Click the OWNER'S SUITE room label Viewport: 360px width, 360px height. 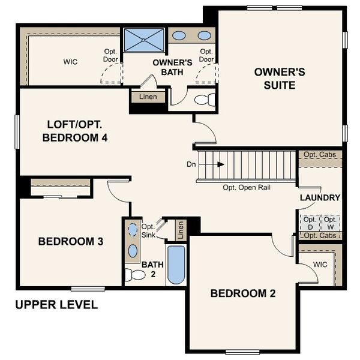pyautogui.click(x=280, y=79)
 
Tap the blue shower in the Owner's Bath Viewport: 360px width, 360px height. pyautogui.click(x=144, y=40)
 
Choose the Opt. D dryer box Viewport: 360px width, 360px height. pyautogui.click(x=310, y=223)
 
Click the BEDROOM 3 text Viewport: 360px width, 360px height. pyautogui.click(x=71, y=242)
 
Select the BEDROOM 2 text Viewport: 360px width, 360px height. pyautogui.click(x=242, y=293)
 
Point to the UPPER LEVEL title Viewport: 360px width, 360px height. pyautogui.click(x=56, y=305)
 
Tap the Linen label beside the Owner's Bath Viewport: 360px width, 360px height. pyautogui.click(x=148, y=97)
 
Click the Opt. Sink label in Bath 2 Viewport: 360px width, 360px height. pyautogui.click(x=148, y=230)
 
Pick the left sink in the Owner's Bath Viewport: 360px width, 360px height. pyautogui.click(x=179, y=35)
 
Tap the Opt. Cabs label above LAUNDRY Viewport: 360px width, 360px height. pyautogui.click(x=320, y=155)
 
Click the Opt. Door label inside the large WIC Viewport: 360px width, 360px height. pyautogui.click(x=110, y=56)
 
